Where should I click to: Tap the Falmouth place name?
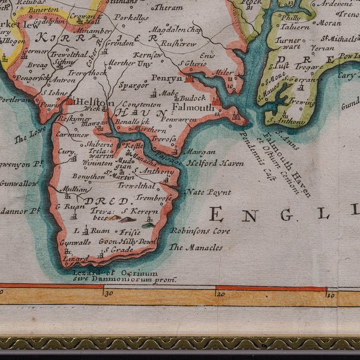pyautogui.click(x=193, y=108)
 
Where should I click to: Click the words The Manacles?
pyautogui.click(x=195, y=247)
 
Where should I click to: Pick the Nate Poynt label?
pyautogui.click(x=207, y=192)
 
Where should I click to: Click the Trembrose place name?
pyautogui.click(x=154, y=197)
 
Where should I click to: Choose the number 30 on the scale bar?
pyautogui.click(x=108, y=293)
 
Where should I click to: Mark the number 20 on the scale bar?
pyautogui.click(x=221, y=293)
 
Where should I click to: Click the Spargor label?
pyautogui.click(x=133, y=86)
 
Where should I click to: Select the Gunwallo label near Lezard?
pyautogui.click(x=74, y=242)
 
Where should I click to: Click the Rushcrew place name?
pyautogui.click(x=177, y=43)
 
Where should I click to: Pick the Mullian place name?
pyautogui.click(x=74, y=188)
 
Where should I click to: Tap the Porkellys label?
pyautogui.click(x=132, y=19)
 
